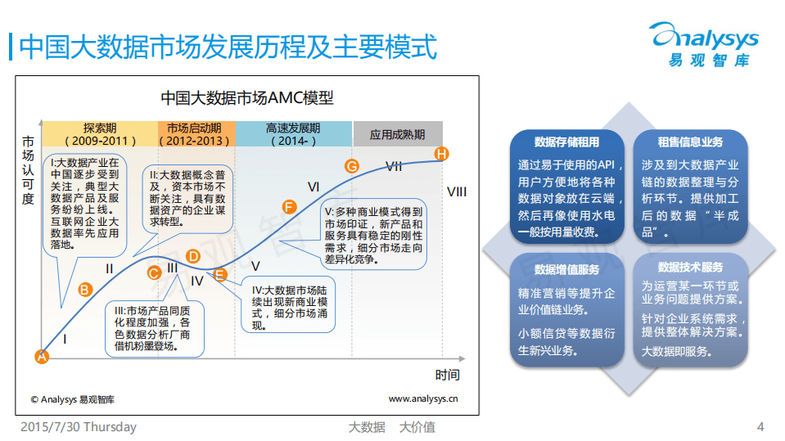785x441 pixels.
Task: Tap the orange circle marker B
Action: (84, 288)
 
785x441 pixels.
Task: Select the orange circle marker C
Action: (154, 273)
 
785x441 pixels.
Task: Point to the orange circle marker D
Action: (193, 256)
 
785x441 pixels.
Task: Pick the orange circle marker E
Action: (219, 275)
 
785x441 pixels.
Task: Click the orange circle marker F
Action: (288, 206)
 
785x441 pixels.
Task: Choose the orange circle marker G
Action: (352, 166)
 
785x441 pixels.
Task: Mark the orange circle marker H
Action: (442, 154)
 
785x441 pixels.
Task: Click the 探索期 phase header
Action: (99, 134)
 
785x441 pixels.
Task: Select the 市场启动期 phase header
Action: (195, 134)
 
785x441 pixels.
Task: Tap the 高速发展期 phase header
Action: (293, 134)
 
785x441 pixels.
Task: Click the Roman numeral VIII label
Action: (457, 191)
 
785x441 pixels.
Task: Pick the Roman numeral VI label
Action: (313, 187)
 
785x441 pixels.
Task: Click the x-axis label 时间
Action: (447, 375)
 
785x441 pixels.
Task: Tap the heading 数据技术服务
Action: (690, 268)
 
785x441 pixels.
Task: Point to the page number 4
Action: (760, 427)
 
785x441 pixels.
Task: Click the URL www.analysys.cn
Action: (422, 399)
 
